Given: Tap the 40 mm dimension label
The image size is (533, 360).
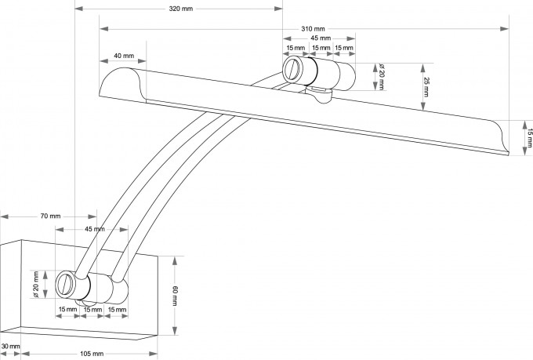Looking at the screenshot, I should [123, 56].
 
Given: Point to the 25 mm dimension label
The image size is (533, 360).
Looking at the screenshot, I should [426, 87].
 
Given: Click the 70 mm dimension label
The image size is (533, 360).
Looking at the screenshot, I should [50, 216].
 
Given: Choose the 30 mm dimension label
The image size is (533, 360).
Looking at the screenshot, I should [10, 346].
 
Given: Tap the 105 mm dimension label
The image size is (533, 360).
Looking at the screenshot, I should [91, 353].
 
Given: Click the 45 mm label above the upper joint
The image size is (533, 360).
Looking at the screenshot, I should [320, 38].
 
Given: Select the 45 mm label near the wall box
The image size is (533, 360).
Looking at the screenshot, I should [94, 229].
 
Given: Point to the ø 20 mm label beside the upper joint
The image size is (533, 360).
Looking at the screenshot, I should [382, 76].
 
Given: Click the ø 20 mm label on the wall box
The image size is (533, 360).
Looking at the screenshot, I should [36, 282].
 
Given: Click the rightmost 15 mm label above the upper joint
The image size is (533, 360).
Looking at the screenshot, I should [344, 49].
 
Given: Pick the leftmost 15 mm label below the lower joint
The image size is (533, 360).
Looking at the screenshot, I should [67, 310].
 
